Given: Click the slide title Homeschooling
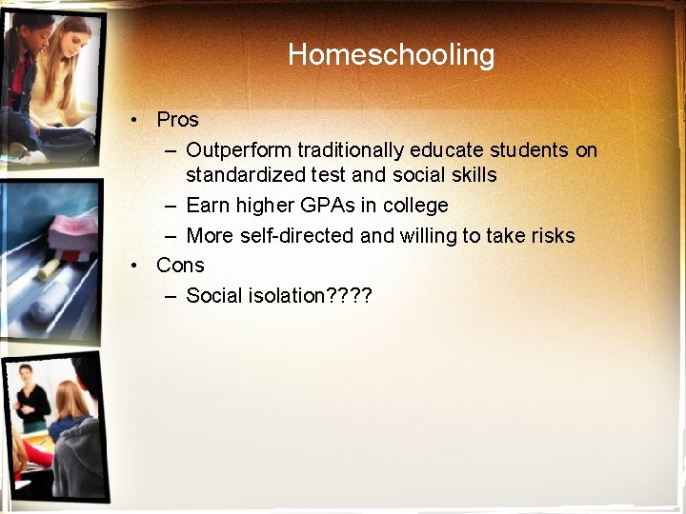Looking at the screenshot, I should pos(391,54).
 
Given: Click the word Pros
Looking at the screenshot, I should pos(177,120).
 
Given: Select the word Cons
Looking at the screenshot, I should pos(180,266).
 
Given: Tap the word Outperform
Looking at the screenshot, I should pos(239,150).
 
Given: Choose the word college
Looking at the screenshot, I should pos(415,206).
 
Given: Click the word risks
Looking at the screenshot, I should pos(551,236).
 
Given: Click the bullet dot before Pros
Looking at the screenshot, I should pos(137,120).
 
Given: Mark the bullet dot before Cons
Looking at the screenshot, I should pos(137,266).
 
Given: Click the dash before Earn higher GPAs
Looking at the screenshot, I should pos(169,206).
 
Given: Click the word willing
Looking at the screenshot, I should pos(428,236).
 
